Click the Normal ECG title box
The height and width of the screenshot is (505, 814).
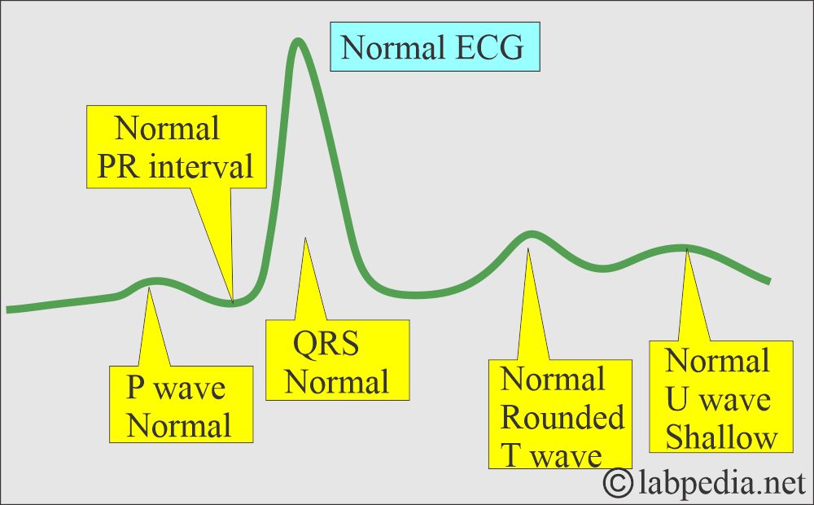click(435, 49)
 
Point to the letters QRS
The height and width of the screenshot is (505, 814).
click(326, 345)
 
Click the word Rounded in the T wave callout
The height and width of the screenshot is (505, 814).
click(562, 418)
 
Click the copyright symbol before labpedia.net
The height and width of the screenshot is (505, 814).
click(619, 484)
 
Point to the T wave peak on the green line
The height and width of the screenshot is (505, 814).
click(529, 235)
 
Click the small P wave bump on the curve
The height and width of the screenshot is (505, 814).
click(153, 282)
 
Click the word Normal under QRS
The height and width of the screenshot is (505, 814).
click(336, 382)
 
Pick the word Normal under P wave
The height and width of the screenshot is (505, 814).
click(178, 425)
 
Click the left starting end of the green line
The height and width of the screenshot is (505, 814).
click(8, 309)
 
